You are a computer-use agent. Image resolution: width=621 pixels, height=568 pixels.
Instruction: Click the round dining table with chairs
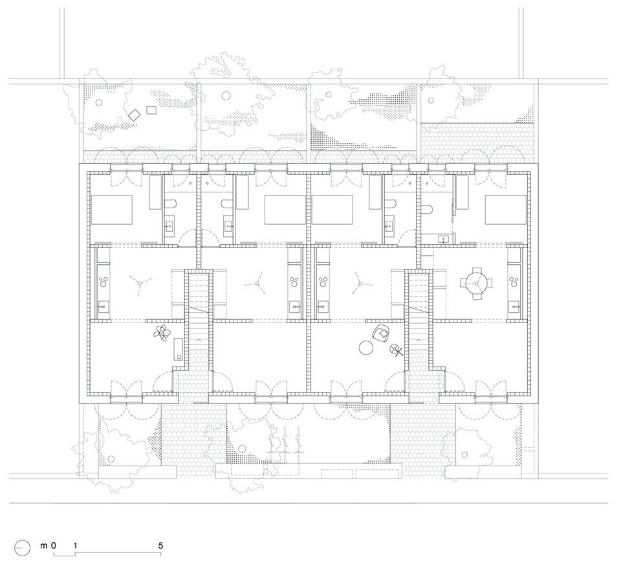[x=476, y=282]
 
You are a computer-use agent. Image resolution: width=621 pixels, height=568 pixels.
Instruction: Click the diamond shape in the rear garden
[x=135, y=115]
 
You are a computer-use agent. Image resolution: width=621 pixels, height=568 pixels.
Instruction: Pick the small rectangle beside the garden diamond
[x=152, y=109]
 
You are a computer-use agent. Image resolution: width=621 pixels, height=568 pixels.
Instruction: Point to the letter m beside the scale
[x=45, y=546]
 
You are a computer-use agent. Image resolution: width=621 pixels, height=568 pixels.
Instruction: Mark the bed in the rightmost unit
[x=506, y=210]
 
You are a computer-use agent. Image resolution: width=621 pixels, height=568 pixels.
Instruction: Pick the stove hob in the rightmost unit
[x=515, y=281]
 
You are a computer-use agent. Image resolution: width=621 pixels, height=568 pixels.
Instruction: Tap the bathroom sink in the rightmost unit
[x=444, y=238]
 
